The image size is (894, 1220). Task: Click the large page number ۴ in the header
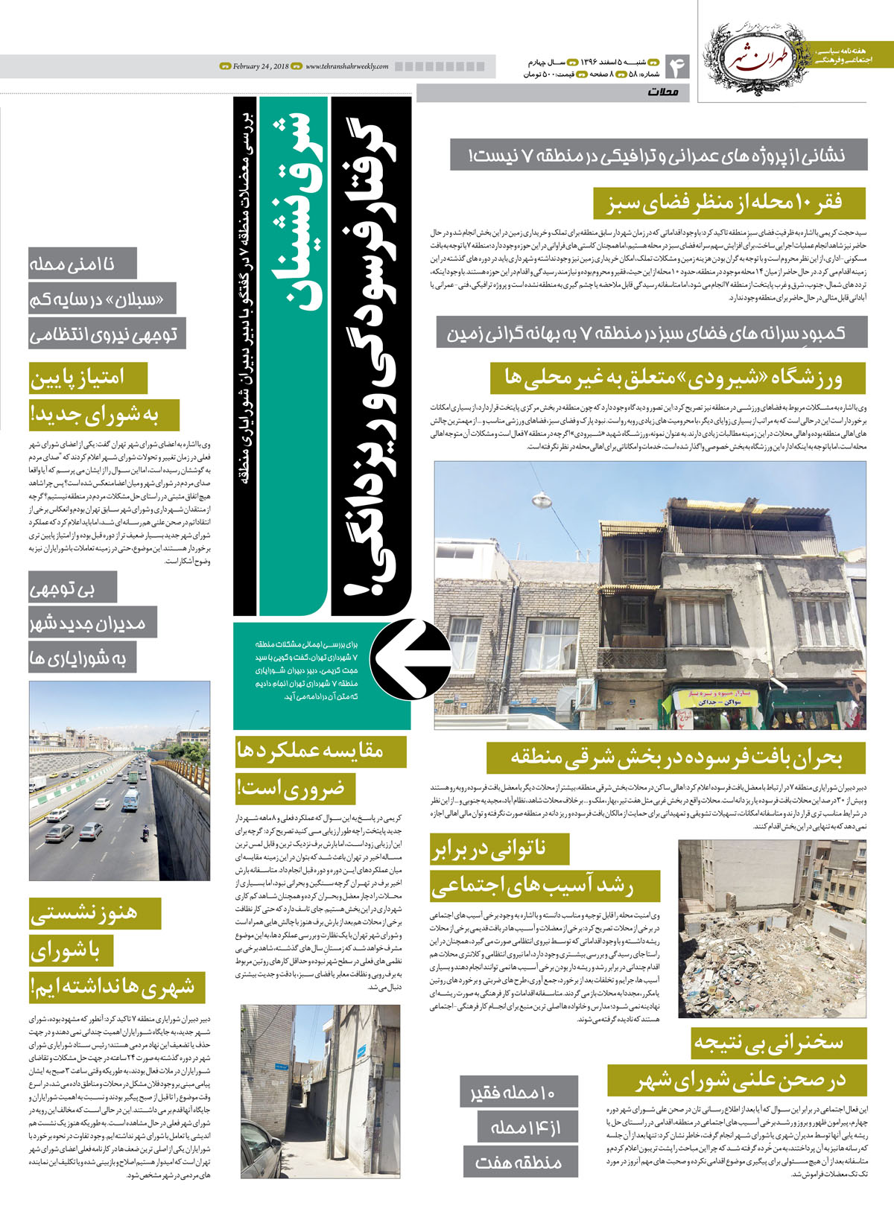click(x=679, y=68)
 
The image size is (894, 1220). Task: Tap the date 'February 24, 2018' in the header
click(x=260, y=66)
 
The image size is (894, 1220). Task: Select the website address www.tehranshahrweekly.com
click(x=346, y=66)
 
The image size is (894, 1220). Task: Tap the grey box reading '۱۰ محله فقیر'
click(x=518, y=1093)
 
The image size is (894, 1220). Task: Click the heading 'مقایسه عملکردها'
click(x=320, y=751)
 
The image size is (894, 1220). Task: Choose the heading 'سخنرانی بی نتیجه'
click(x=778, y=1042)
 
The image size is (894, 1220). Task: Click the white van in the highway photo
click(x=131, y=800)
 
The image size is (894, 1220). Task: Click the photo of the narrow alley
click(x=320, y=1091)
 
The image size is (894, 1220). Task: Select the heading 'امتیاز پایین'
click(x=87, y=378)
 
